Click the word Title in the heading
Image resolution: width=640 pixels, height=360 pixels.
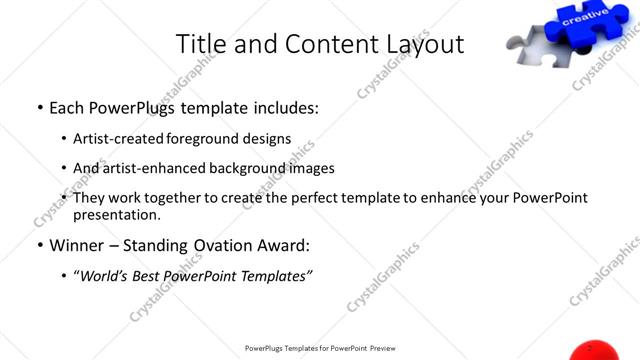(x=200, y=45)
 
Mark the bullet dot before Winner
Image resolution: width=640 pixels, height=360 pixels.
(x=38, y=245)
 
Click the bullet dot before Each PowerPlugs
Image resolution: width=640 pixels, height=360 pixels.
(x=38, y=107)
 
